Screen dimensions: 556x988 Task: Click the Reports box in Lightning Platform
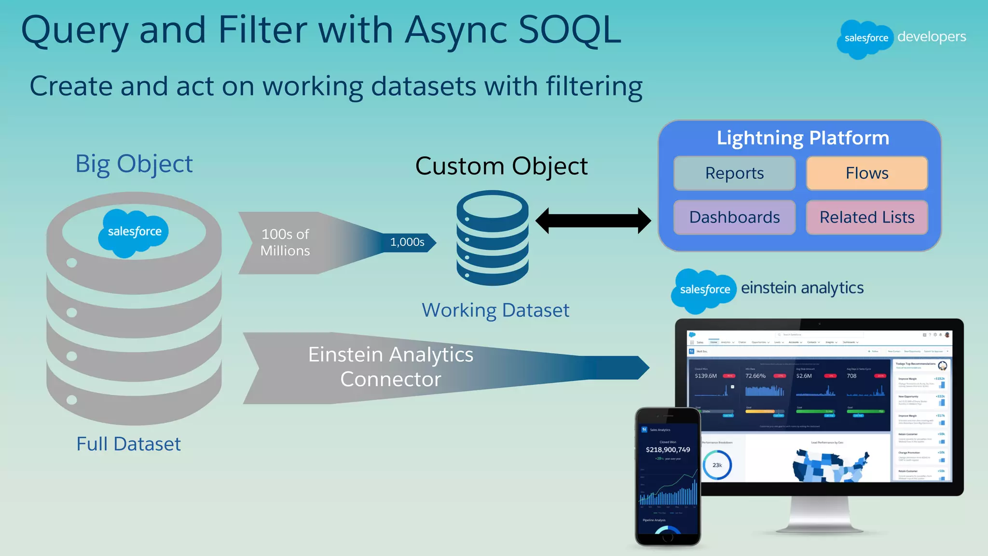(x=734, y=173)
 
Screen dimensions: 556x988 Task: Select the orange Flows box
(x=867, y=173)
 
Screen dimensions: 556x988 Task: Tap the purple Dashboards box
(x=734, y=217)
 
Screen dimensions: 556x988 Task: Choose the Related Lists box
(x=867, y=217)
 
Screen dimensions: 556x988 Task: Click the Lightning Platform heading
(x=803, y=138)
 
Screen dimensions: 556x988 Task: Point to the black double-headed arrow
(x=593, y=221)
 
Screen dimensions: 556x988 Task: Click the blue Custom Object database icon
(x=493, y=237)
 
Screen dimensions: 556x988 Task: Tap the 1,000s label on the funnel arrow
(x=407, y=242)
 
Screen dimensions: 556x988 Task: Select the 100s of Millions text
(x=285, y=242)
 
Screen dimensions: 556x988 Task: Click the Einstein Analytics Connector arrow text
(x=391, y=367)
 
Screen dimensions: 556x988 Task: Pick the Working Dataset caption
(x=495, y=310)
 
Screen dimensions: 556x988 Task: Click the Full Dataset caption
(x=128, y=444)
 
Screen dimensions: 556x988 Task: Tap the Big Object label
(x=134, y=164)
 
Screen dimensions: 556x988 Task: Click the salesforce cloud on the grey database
(x=134, y=233)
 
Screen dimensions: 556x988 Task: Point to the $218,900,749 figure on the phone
(x=668, y=450)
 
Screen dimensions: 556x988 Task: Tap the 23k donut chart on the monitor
(x=717, y=465)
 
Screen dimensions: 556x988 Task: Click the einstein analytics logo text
(x=802, y=288)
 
